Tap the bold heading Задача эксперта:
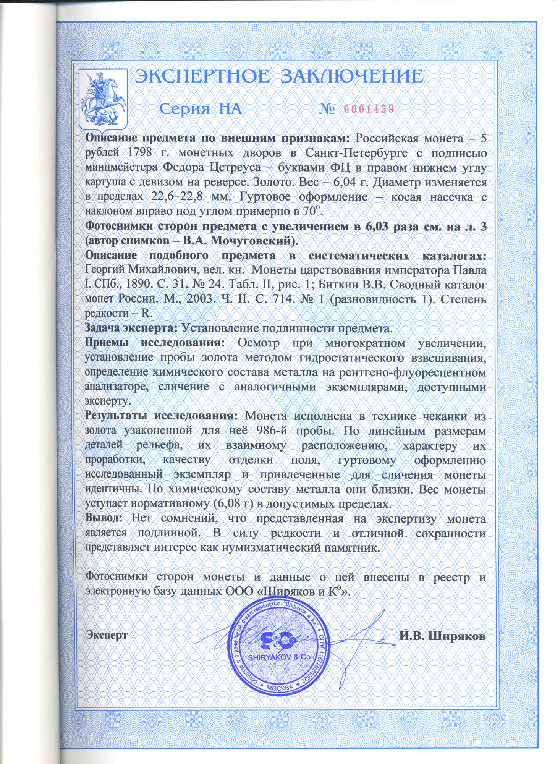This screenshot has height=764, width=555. [131, 328]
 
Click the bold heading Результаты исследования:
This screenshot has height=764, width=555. [162, 415]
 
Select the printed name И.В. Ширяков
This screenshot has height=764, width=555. [443, 636]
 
